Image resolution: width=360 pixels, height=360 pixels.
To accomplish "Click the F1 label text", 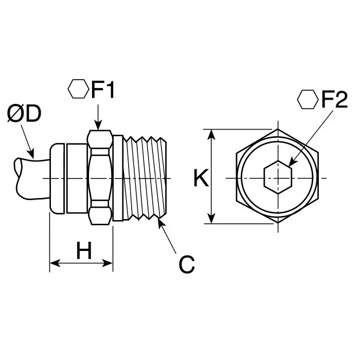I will [x=104, y=91].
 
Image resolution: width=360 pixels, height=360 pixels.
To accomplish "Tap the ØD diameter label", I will [x=24, y=115].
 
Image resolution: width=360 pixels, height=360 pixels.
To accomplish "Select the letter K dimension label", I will [x=201, y=178].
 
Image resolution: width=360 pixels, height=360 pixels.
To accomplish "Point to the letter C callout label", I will [x=187, y=264].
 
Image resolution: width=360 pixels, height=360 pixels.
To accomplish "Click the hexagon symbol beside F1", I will [x=78, y=89].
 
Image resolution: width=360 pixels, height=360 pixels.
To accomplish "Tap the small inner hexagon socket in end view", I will [x=277, y=177].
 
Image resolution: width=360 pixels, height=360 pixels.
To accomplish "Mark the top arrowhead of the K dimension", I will [x=211, y=133].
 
